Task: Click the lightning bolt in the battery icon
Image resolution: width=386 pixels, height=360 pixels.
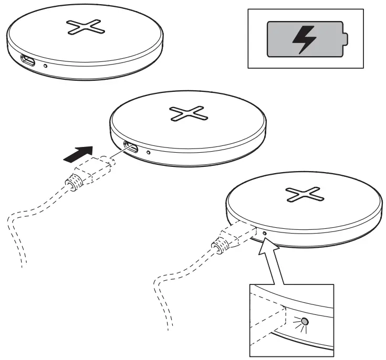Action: click(x=302, y=39)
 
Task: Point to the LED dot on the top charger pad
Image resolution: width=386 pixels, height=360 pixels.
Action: click(x=46, y=67)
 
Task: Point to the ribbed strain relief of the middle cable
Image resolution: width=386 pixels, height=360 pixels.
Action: click(x=73, y=183)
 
